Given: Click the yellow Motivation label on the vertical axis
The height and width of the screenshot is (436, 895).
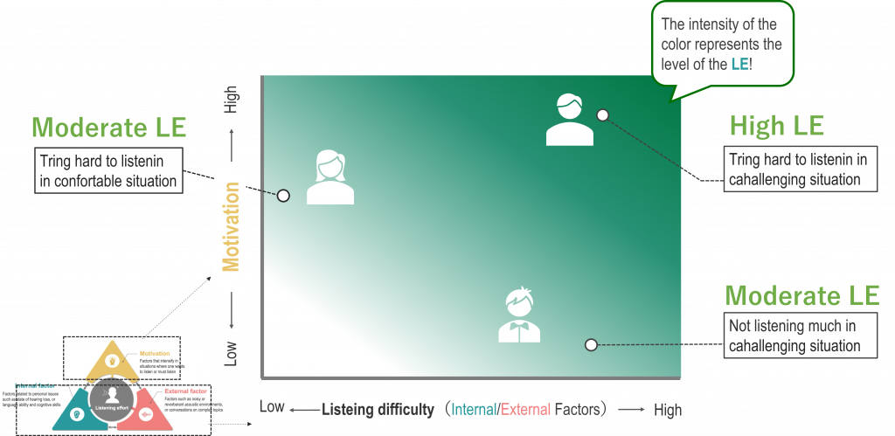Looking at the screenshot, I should tap(231, 226).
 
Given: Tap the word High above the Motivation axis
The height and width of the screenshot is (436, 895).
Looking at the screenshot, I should tap(231, 100).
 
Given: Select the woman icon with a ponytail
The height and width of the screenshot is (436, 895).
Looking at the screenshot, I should tap(330, 177).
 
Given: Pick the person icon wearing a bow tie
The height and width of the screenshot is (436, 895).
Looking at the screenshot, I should tap(519, 315).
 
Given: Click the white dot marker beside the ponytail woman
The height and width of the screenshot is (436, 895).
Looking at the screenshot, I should tap(283, 196).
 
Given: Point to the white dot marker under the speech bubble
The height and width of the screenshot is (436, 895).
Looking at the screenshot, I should tap(602, 114).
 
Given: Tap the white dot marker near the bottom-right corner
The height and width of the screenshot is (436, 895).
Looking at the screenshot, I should tap(591, 345).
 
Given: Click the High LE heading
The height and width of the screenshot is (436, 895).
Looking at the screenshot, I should tap(776, 126).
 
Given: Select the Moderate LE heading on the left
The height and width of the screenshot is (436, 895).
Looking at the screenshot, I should tap(108, 128).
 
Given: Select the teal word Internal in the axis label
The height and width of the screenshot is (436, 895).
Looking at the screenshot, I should tap(472, 409).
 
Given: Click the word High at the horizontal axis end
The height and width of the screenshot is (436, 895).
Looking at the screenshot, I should tap(667, 410).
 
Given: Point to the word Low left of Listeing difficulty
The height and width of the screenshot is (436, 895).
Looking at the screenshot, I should tap(272, 406).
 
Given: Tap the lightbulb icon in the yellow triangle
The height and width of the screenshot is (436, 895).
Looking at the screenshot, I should tap(113, 359).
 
